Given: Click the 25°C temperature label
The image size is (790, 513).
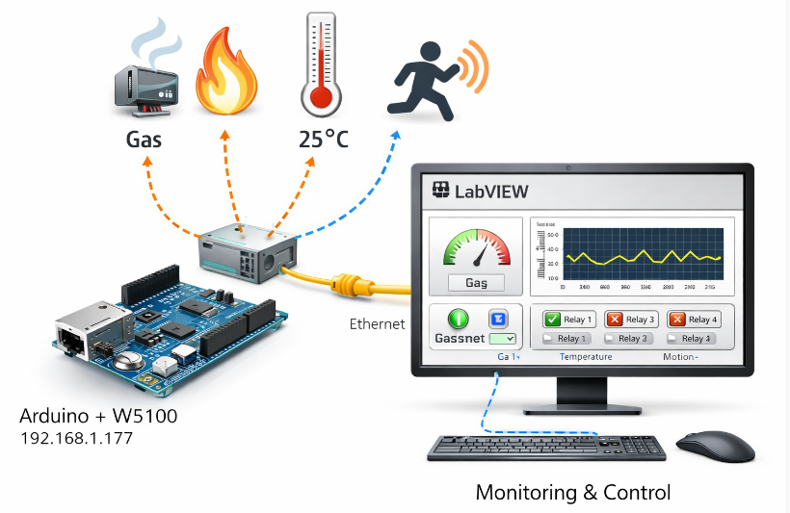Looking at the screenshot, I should pos(323,140).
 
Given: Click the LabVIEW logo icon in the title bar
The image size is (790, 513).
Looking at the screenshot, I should pos(442,191).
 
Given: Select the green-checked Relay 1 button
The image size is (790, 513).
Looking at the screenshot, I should pos(568,320).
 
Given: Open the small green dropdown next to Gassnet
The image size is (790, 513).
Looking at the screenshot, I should pos(502,339).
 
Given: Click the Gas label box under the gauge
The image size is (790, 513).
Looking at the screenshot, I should pos(477,283).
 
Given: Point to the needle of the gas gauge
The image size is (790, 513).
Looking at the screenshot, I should pos(480,254).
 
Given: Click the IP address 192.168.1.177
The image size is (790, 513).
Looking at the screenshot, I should pos(76,439).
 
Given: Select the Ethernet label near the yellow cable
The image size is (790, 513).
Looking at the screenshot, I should pos(377,324).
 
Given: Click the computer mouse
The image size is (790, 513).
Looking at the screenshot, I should pos(715,445).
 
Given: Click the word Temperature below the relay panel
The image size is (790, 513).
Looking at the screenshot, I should pos(586,357).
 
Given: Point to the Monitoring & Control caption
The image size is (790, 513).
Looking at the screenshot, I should pos(573,493).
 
